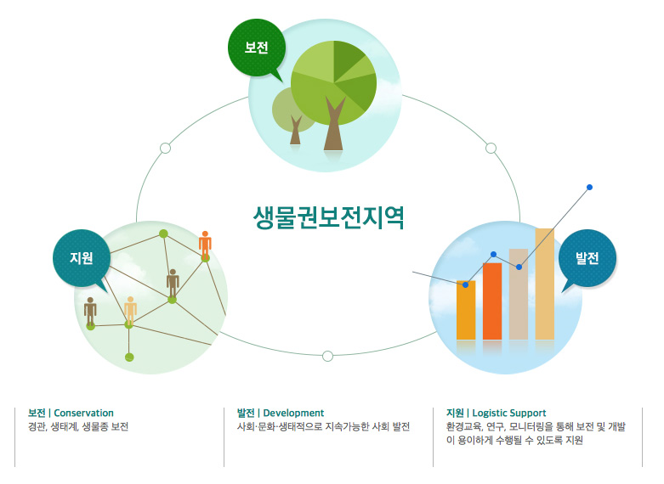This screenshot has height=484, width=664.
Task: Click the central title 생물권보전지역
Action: click(328, 218)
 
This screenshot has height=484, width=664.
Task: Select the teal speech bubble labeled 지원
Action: click(82, 257)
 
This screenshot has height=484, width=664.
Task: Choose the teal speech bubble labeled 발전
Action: click(587, 257)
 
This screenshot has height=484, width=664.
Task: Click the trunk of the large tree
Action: click(334, 127)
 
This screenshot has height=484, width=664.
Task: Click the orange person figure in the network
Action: click(205, 243)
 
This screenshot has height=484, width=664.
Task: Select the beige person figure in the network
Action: click(130, 309)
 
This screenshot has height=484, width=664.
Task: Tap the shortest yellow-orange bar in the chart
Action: click(466, 310)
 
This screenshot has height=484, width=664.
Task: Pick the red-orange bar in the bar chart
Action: click(492, 301)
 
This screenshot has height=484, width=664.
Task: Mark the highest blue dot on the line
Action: click(589, 187)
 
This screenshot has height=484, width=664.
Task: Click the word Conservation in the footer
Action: click(83, 413)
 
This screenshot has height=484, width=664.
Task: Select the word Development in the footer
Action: click(293, 413)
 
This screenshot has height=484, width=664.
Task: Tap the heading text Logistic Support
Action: click(509, 413)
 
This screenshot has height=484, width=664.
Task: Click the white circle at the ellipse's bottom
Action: click(327, 355)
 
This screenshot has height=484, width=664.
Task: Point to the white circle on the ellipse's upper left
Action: click(165, 148)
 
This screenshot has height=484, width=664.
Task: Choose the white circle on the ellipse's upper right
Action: click(491, 148)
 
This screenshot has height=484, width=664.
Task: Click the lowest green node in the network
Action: click(129, 357)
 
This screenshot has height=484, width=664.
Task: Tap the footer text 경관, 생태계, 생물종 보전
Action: click(78, 427)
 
